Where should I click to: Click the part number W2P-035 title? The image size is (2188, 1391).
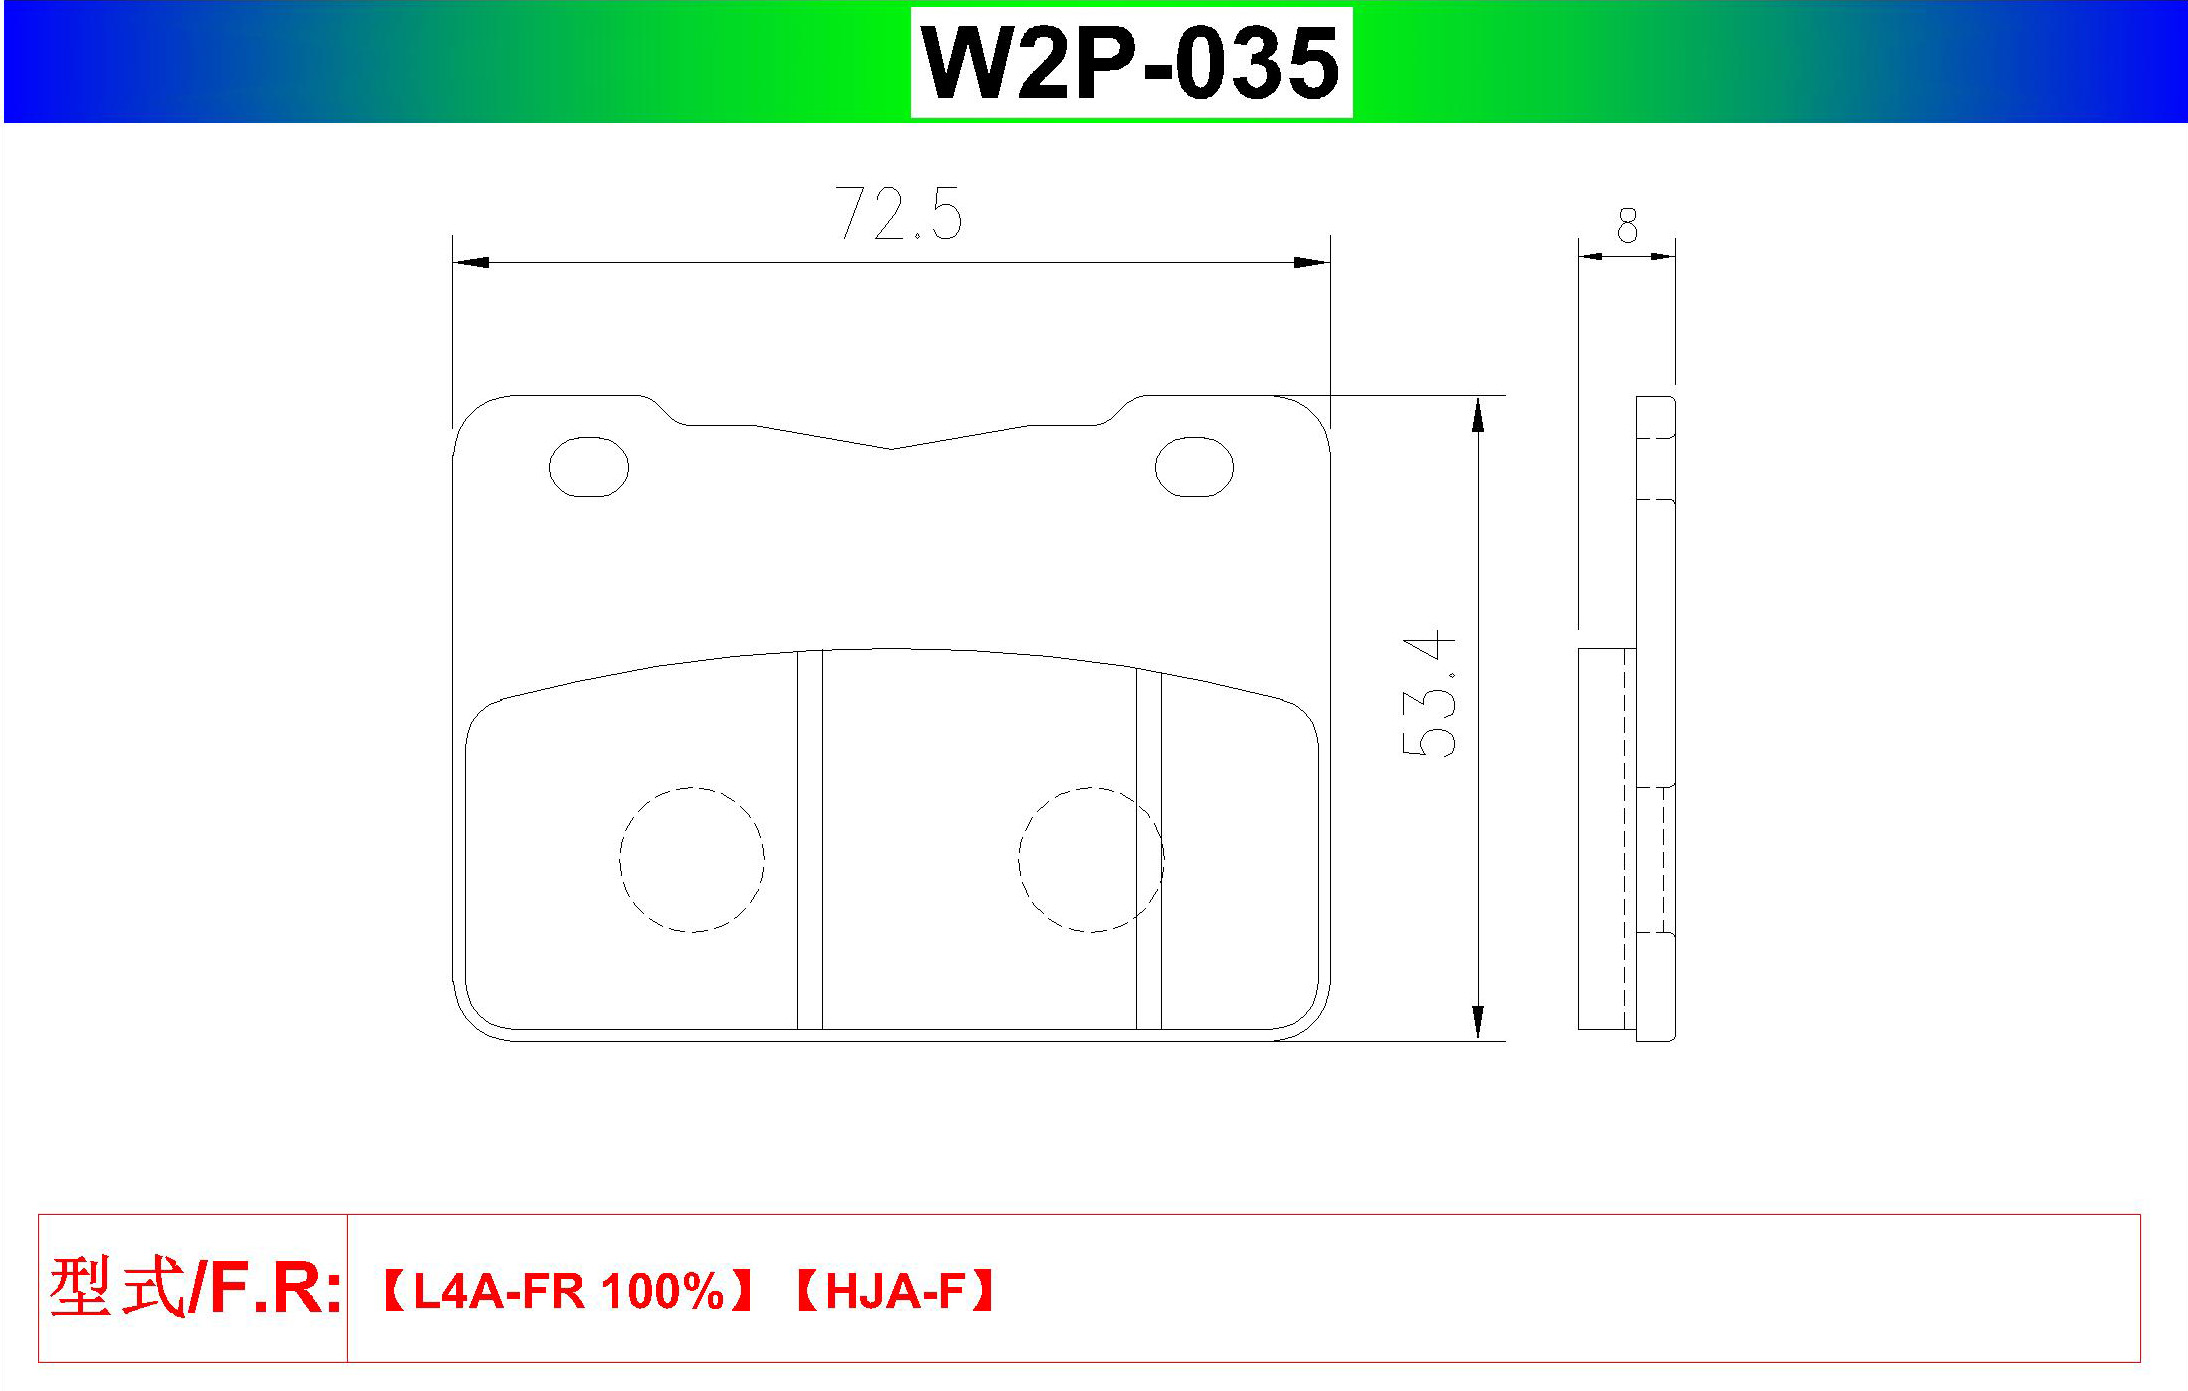pyautogui.click(x=1130, y=63)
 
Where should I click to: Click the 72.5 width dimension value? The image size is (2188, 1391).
pyautogui.click(x=899, y=213)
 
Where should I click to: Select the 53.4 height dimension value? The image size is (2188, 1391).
pyautogui.click(x=1429, y=694)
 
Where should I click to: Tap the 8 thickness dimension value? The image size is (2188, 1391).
pyautogui.click(x=1627, y=226)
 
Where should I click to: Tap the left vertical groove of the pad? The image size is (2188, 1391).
pyautogui.click(x=810, y=839)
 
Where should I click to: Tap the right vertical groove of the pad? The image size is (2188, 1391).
pyautogui.click(x=1149, y=849)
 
